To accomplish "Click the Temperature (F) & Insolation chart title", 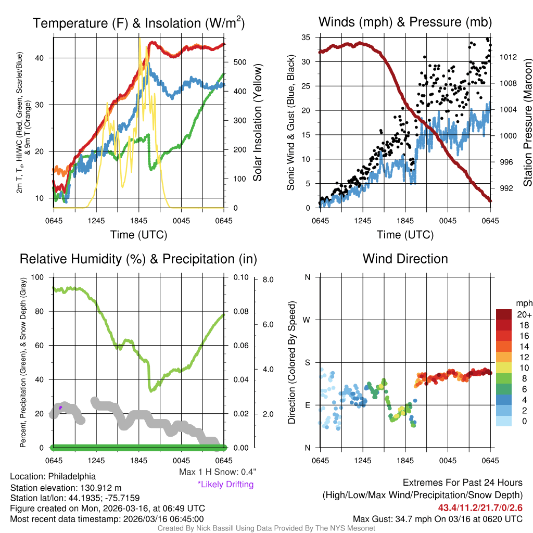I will coord(138,23).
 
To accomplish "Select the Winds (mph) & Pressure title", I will coord(405,22).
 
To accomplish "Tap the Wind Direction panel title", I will coord(405,259).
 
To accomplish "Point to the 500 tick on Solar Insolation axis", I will coord(239,62).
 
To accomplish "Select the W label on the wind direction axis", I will coord(307,320).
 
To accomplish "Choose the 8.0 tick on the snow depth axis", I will coord(269,280).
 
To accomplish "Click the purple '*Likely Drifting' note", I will coord(225,484).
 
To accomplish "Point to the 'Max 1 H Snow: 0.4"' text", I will coord(218,472).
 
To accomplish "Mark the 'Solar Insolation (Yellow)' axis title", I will coord(257,122).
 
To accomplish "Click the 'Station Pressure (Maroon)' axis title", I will coord(527,122).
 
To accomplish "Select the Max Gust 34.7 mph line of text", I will coord(437,518).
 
